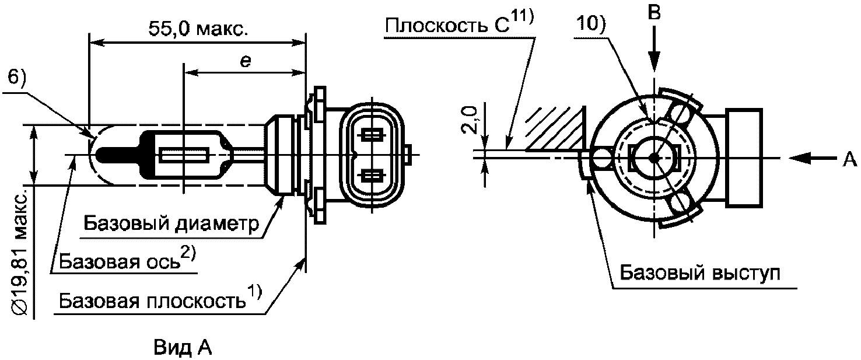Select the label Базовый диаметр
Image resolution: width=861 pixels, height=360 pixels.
(x=171, y=223)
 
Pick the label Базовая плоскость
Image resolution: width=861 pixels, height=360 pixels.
(x=152, y=300)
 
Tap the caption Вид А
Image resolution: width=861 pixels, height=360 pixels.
(x=183, y=348)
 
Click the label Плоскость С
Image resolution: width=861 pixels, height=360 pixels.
(x=447, y=26)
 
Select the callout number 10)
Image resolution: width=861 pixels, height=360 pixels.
(x=591, y=25)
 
